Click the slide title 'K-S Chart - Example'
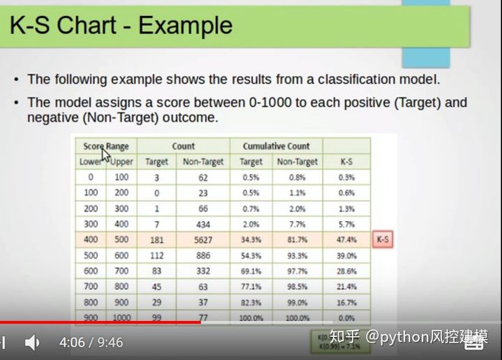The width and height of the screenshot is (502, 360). coord(121,26)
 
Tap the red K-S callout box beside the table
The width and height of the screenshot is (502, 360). coord(383,239)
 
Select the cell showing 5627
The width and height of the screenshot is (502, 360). coord(203,239)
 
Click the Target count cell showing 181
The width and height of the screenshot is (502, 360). coord(156,239)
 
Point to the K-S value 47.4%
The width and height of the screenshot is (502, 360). coord(347,239)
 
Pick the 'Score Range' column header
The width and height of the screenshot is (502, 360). coord(106,147)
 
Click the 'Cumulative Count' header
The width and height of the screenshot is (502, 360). coord(276,147)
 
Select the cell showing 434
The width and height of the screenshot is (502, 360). coord(203,224)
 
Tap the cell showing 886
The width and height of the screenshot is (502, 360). coord(203,255)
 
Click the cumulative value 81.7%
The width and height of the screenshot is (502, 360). coord(296,239)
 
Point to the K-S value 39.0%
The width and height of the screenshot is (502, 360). coord(347,255)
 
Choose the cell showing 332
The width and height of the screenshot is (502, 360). coord(203,270)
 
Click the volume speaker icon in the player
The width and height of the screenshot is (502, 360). coord(32,343)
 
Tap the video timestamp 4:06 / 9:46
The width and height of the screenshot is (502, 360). coord(91,343)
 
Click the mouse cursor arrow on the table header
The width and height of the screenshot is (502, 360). coord(105,153)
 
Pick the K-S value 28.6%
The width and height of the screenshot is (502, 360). coord(347,270)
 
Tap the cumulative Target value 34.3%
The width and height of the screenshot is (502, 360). coord(251,239)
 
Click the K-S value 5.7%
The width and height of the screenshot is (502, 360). coord(347,224)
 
